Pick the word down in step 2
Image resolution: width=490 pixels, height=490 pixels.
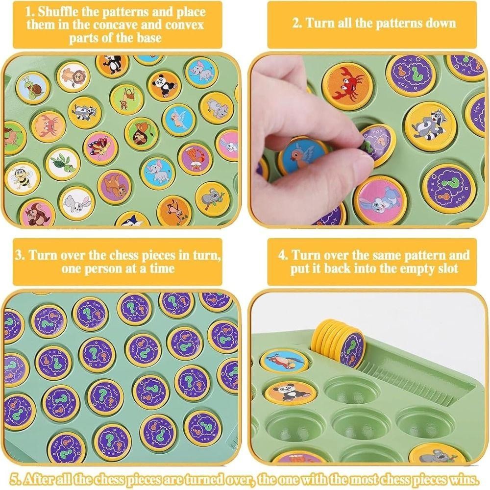441,24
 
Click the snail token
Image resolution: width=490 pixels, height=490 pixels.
32,88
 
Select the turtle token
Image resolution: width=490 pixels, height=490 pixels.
63,164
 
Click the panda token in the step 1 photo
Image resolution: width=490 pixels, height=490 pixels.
164,85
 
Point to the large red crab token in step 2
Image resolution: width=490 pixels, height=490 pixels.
347,86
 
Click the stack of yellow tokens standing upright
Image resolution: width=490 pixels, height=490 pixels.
339,343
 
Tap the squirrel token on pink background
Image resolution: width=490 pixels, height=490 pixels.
37,214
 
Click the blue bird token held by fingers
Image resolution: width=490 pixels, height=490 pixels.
305,156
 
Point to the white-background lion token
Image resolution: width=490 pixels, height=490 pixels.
73,76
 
